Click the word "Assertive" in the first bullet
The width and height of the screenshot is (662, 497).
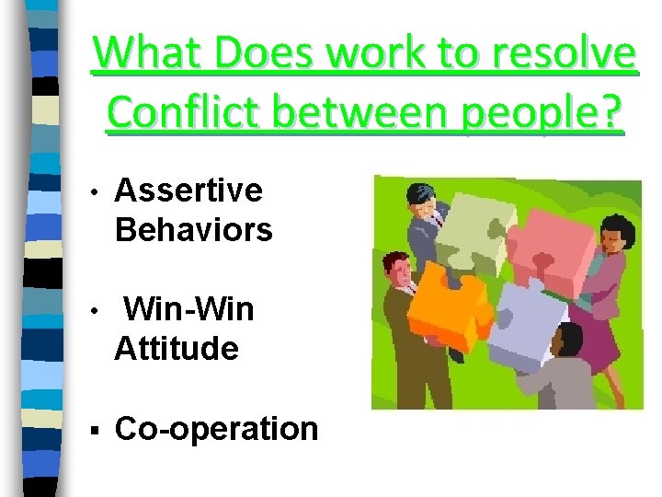point(188,191)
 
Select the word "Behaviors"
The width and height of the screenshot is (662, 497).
point(194,229)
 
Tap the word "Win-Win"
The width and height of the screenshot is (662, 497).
point(188,309)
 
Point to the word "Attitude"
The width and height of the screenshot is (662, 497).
point(177,348)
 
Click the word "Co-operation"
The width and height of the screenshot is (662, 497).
point(217,428)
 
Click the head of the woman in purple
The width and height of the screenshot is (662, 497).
point(613,234)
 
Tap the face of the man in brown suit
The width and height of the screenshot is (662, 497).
point(397,272)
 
